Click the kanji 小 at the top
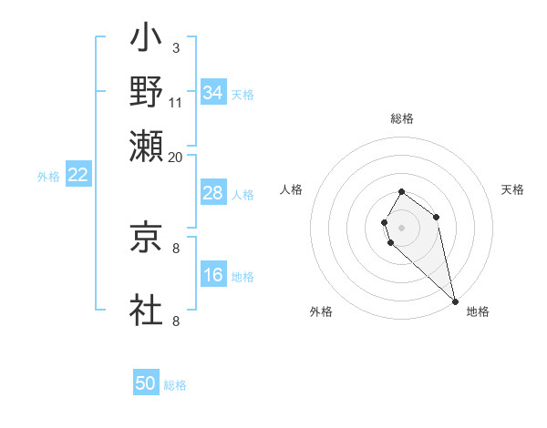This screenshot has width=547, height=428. tap(146, 40)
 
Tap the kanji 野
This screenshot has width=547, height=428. tap(146, 93)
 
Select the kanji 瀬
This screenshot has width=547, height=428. tap(146, 145)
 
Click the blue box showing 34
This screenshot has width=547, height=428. tap(212, 92)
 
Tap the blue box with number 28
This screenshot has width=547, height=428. tap(212, 193)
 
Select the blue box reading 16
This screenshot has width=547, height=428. tap(212, 275)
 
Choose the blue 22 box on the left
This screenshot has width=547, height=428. tap(77, 175)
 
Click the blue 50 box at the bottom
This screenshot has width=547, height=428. tap(146, 383)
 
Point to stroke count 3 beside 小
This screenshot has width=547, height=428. tap(175, 47)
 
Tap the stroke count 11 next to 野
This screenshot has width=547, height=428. tap(176, 102)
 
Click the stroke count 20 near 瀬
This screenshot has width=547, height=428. tap(176, 156)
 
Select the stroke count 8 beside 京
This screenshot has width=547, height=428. tap(175, 247)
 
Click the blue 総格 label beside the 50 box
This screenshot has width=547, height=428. tap(175, 385)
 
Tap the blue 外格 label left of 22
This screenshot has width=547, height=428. tap(48, 177)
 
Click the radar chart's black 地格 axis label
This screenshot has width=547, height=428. tap(478, 311)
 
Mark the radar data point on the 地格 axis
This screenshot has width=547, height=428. tap(455, 301)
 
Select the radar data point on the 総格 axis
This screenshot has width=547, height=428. tap(401, 192)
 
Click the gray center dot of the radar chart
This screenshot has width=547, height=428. tap(401, 226)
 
